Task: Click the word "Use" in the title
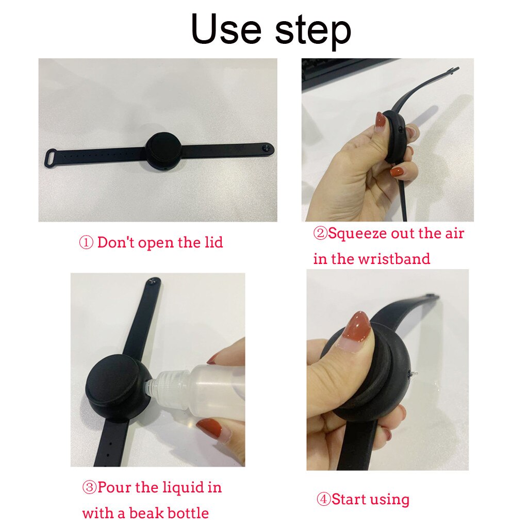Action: click(227, 29)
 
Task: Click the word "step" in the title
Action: click(313, 31)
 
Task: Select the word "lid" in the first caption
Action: click(212, 242)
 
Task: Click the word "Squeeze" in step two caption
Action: click(357, 234)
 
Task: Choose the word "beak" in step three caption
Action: click(143, 513)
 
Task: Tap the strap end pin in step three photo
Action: click(152, 282)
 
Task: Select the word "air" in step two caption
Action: click(453, 233)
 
